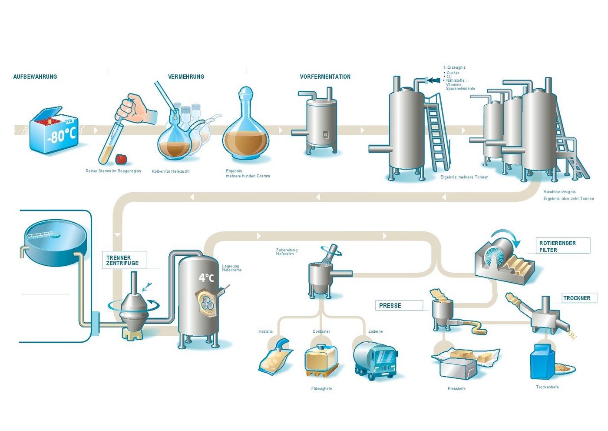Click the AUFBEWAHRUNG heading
coord(35,77)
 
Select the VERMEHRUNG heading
coord(186,77)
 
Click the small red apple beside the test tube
coord(121,159)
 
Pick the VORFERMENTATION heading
coord(325,77)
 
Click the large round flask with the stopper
coord(246,130)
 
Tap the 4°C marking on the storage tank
coord(206,277)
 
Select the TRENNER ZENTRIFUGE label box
coord(123,260)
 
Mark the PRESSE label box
coord(398,305)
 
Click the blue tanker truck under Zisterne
coord(375,360)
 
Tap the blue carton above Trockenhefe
coord(542,362)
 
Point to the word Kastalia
coord(265,331)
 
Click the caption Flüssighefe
coord(321,388)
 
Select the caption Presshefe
coord(456,388)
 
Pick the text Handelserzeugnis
coord(559,191)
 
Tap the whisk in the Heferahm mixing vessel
coord(331,254)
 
